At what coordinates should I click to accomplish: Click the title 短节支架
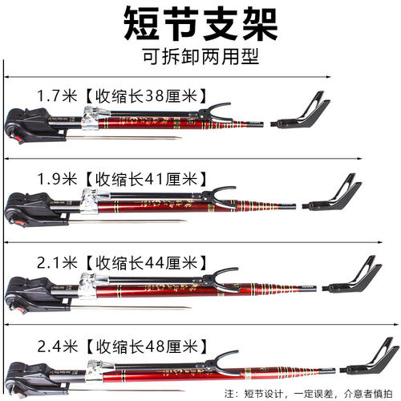tap(200, 25)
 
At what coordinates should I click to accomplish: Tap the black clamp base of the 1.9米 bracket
tap(24, 209)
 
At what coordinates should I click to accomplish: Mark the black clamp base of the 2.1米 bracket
tap(24, 290)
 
